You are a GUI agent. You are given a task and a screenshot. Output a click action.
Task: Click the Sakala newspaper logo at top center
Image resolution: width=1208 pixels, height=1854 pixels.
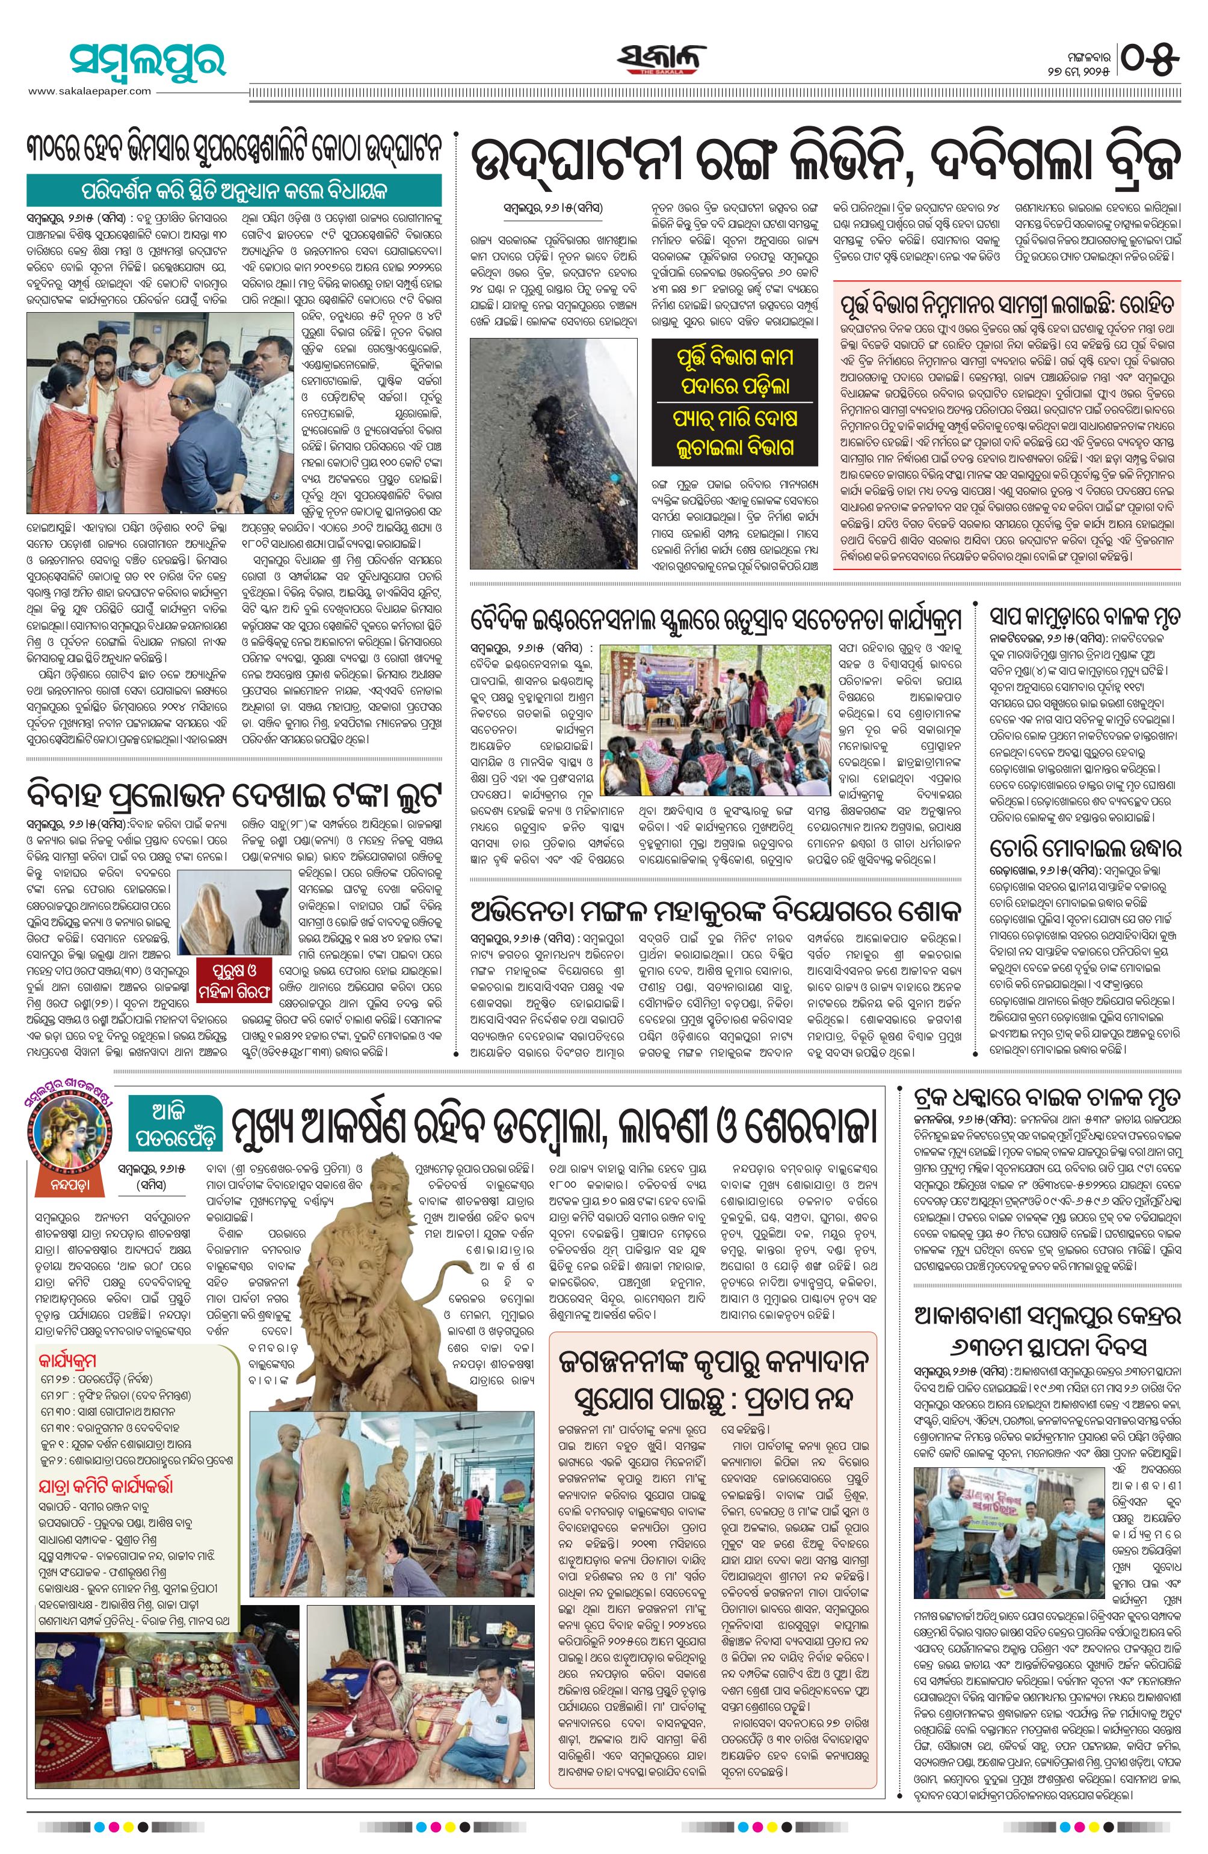pos(663,59)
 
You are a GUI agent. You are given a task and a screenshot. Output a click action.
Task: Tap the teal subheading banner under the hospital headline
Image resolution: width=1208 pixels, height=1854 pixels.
pos(235,192)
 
